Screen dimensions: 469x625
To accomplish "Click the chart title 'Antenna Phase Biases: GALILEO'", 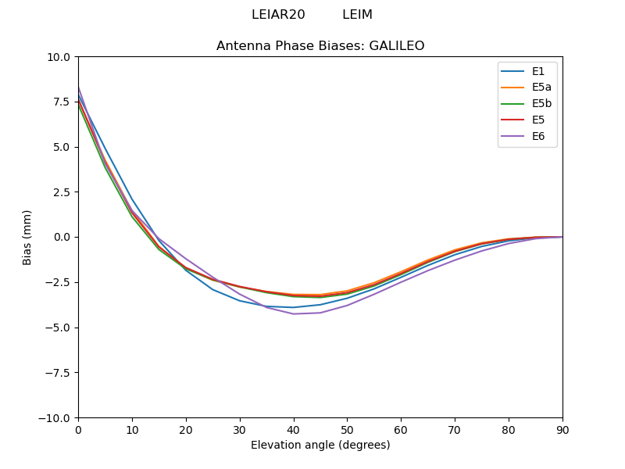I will pos(320,46).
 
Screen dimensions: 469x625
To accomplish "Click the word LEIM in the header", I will pos(357,15).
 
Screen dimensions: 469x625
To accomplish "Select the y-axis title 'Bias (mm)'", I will pos(27,237).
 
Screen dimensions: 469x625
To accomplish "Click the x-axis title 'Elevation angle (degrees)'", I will pos(320,446).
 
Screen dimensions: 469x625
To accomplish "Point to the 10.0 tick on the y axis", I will pos(60,57).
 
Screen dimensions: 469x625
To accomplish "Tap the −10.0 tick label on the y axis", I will pos(56,417).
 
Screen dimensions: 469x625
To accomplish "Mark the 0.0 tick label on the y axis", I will pos(62,237).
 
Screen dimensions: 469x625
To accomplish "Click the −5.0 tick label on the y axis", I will pos(59,328).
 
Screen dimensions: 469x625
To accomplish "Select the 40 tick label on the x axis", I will pos(294,429).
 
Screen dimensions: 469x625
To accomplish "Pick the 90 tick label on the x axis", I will pos(562,429).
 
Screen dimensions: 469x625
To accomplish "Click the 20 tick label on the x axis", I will pos(186,429).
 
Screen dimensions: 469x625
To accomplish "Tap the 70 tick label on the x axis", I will pos(455,429).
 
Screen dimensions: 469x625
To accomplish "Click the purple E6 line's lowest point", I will pos(294,313).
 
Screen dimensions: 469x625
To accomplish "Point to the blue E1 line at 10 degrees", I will pos(132,198).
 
